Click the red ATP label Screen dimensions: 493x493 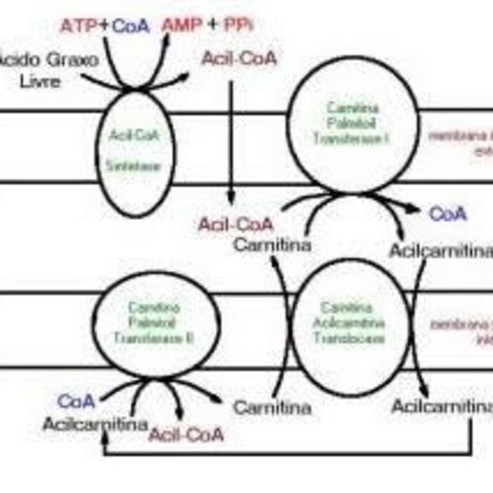tap(79, 25)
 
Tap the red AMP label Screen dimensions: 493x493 tap(179, 25)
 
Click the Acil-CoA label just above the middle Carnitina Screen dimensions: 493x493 tap(235, 224)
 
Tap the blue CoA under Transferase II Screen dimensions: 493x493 tap(76, 402)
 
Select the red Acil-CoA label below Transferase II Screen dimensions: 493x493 tap(186, 434)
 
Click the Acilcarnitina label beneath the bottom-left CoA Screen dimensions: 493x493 tap(96, 425)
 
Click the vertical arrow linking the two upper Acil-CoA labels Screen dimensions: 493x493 tap(232, 140)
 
